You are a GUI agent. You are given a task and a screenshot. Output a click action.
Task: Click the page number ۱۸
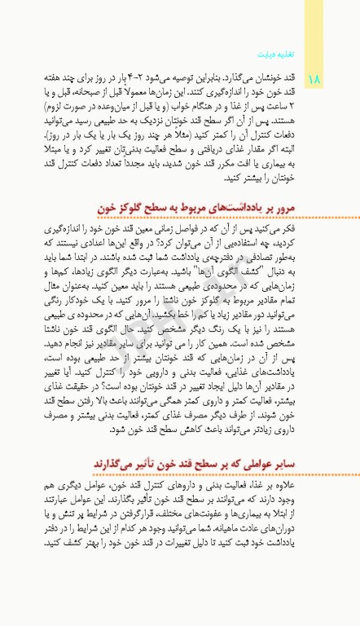(315, 79)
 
